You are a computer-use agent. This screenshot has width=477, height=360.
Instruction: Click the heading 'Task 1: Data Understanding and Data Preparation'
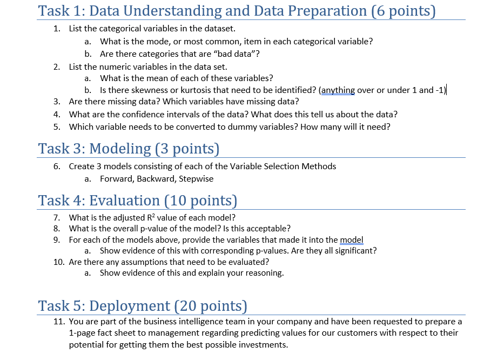tap(237, 10)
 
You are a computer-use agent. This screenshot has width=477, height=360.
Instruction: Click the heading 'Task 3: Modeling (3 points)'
tap(129, 148)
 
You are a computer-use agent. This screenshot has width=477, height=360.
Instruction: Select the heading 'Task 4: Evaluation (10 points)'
tap(138, 200)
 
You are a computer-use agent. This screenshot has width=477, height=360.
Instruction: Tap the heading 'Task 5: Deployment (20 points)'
tap(143, 305)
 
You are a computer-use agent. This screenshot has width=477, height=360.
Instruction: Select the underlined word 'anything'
tap(339, 90)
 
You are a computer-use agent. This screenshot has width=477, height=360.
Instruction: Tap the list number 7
tap(57, 218)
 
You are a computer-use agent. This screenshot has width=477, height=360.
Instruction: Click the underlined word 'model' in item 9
tap(352, 239)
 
